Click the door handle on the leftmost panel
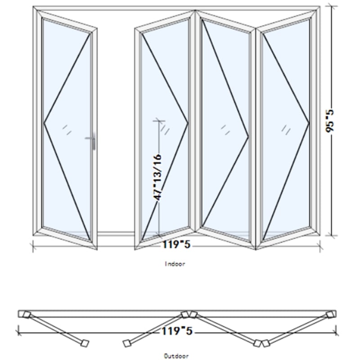(x=92, y=140)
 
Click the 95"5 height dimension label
(x=330, y=121)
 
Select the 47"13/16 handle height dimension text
(x=157, y=177)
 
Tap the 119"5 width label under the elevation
(x=176, y=244)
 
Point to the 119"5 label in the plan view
(x=177, y=331)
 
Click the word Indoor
(x=175, y=264)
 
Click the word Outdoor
(x=176, y=356)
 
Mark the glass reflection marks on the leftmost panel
(x=67, y=130)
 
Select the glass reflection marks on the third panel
(x=225, y=130)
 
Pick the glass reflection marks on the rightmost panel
(x=286, y=130)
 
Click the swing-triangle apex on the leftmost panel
(x=44, y=123)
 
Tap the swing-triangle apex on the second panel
(x=188, y=123)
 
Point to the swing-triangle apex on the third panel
(x=248, y=137)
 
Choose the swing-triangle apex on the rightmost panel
(x=309, y=123)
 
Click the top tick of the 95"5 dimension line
(x=331, y=6)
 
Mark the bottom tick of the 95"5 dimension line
(x=331, y=235)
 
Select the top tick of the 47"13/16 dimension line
(x=159, y=121)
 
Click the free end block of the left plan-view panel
(x=85, y=343)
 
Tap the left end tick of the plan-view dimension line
(x=18, y=333)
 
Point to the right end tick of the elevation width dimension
(x=320, y=247)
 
